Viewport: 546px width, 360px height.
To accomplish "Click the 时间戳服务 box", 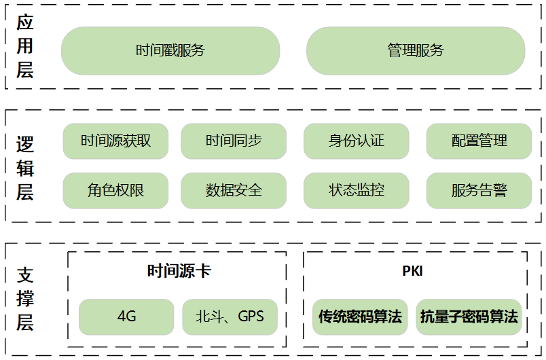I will tap(170, 50).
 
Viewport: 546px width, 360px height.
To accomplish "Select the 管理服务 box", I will tap(416, 50).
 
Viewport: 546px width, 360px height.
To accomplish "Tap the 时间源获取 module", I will tap(115, 141).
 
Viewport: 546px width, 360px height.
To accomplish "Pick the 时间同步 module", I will tap(234, 141).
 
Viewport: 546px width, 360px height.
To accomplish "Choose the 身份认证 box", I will tap(357, 141).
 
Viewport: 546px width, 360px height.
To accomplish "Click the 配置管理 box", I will tap(479, 141).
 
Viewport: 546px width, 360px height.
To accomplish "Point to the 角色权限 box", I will tap(115, 190).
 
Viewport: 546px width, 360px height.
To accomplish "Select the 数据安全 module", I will tap(234, 190).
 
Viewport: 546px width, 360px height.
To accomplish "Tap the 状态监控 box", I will tap(357, 190).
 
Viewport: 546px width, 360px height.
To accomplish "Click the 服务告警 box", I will tap(479, 190).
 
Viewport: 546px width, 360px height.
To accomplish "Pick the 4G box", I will tap(127, 317).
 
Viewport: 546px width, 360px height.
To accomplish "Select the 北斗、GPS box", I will tap(230, 317).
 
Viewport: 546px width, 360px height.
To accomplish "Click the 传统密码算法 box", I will tap(360, 317).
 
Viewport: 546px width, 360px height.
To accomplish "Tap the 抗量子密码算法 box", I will tap(469, 317).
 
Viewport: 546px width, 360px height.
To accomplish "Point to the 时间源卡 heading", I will tap(179, 271).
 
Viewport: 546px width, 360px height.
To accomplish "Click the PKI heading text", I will tap(412, 271).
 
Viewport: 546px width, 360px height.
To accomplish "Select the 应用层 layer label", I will tap(25, 46).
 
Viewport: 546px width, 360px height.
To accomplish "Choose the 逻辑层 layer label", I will tap(25, 168).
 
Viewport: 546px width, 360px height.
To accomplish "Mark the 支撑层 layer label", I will tap(25, 299).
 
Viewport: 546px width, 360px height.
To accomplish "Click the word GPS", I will tap(251, 317).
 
